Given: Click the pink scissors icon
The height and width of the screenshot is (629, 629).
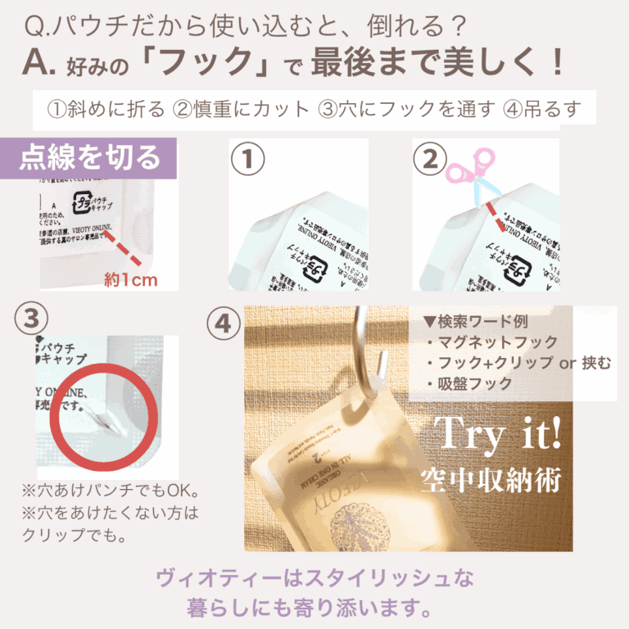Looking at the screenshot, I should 470,177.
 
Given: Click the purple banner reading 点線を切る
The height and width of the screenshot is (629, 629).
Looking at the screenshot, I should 90,156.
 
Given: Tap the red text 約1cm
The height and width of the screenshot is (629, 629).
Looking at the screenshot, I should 130,280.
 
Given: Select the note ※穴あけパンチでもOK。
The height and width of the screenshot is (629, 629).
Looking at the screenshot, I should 111,492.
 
